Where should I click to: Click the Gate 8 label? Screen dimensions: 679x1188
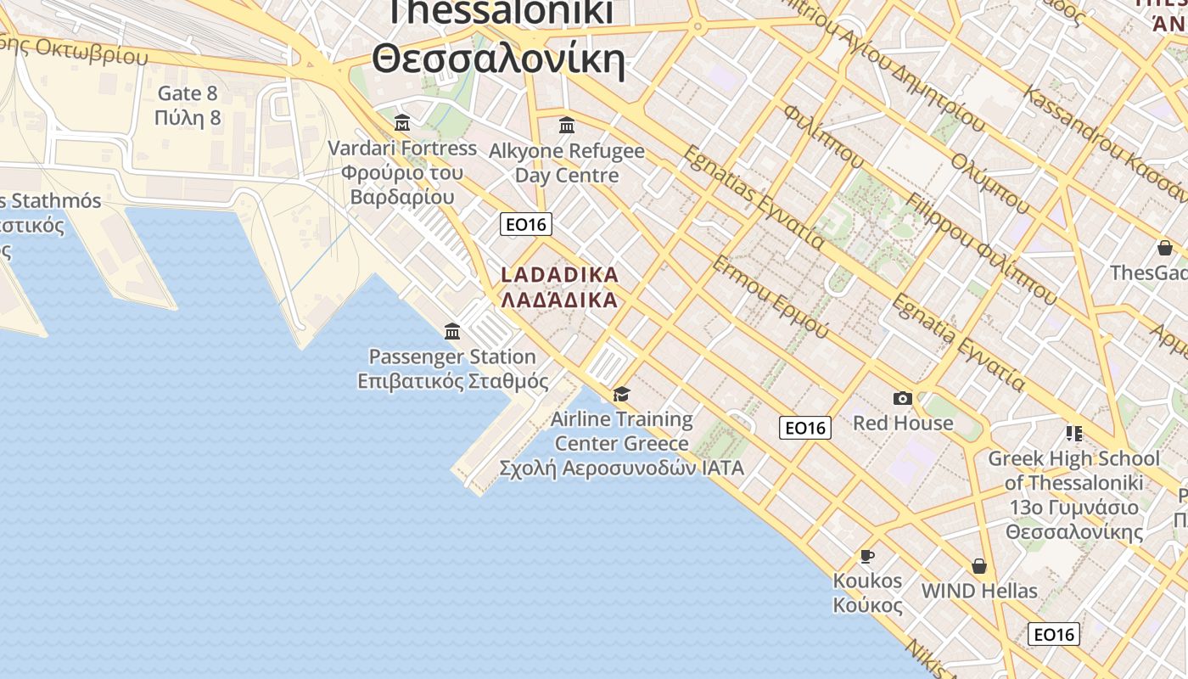pyautogui.click(x=188, y=93)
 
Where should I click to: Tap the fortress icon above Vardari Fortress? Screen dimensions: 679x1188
pyautogui.click(x=402, y=122)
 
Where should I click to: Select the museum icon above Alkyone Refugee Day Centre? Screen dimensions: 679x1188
pyautogui.click(x=567, y=126)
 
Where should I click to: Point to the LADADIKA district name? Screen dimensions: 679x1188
pyautogui.click(x=560, y=275)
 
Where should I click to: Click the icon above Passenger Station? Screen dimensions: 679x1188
pyautogui.click(x=452, y=331)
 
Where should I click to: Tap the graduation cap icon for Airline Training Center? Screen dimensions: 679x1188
pyautogui.click(x=622, y=394)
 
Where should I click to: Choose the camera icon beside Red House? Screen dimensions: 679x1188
pyautogui.click(x=903, y=398)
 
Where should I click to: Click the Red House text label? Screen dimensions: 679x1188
pyautogui.click(x=903, y=423)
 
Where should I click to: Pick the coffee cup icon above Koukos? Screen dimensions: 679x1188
pyautogui.click(x=866, y=557)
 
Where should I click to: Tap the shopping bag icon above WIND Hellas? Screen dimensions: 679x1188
pyautogui.click(x=979, y=566)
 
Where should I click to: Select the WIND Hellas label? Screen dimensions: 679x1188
pyautogui.click(x=979, y=591)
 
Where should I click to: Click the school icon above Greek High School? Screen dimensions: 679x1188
pyautogui.click(x=1073, y=434)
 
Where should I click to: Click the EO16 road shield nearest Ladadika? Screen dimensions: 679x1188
pyautogui.click(x=526, y=224)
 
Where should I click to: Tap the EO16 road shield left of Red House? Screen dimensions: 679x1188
pyautogui.click(x=804, y=428)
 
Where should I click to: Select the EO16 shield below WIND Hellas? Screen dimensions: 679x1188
pyautogui.click(x=1053, y=634)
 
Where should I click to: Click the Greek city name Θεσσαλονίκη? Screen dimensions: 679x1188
pyautogui.click(x=499, y=59)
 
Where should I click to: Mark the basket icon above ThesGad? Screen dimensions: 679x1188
pyautogui.click(x=1165, y=248)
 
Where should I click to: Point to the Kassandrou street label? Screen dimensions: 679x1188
pyautogui.click(x=1103, y=136)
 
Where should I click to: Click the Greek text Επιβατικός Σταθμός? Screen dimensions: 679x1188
pyautogui.click(x=453, y=381)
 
